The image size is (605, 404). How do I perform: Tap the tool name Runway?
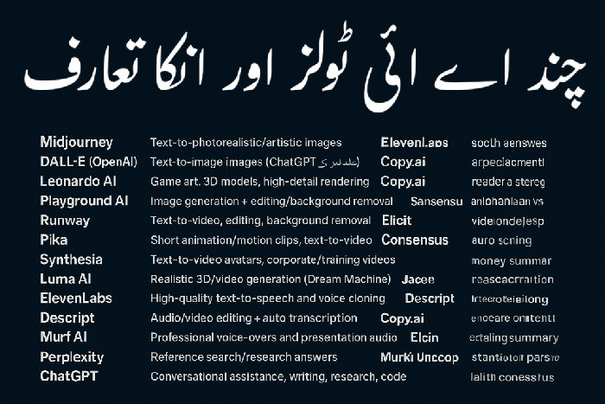64,221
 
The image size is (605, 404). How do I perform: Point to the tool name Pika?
54,240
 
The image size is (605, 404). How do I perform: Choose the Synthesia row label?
71,260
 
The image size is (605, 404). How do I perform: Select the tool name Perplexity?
72,356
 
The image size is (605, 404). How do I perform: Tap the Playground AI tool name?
83,201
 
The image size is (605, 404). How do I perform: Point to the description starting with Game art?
260,182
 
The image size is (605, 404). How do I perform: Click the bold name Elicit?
398,221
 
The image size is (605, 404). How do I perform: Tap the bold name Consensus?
415,240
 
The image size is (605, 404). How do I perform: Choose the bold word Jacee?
418,279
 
